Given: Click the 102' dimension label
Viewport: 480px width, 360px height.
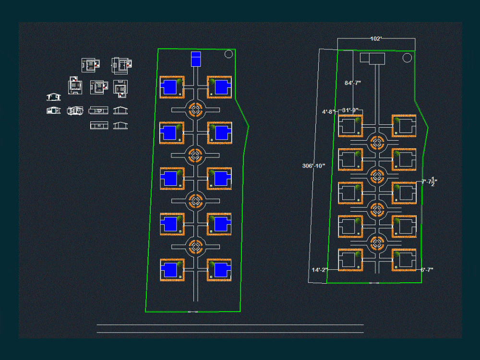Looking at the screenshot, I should point(376,38).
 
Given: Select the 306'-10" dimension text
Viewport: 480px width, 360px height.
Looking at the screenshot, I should point(313,166).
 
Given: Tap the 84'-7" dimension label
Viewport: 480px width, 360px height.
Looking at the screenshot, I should point(353,83).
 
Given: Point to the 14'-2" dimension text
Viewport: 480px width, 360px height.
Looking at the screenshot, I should point(319,270).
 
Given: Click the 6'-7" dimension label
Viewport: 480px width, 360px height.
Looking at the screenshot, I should point(427,270).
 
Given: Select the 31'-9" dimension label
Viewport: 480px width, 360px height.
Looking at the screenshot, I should point(350,110).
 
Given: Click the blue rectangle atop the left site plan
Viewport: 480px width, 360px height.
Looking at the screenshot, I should point(196,59).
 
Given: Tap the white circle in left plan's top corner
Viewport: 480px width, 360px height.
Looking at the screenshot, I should point(228,54).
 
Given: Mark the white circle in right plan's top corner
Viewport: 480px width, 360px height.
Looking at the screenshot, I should point(407,58).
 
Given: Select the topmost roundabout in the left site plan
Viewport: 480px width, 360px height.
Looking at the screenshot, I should point(195,110).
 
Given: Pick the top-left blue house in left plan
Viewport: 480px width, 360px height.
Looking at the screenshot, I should point(169,87).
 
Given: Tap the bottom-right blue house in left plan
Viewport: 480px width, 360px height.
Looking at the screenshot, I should point(220,270).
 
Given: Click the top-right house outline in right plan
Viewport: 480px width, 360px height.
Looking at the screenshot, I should point(404,126).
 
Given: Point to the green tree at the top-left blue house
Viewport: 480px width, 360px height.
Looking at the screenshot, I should point(180,81).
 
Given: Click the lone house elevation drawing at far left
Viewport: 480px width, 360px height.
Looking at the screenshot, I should point(54,97).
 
